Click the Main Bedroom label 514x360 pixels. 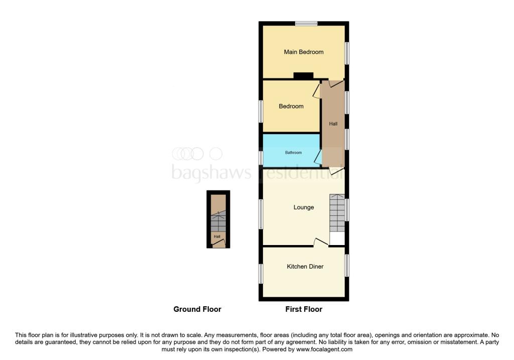(x=303, y=52)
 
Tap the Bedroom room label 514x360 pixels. (x=291, y=106)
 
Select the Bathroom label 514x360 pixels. (x=294, y=152)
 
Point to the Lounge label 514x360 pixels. (x=304, y=207)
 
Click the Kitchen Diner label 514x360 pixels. (x=305, y=267)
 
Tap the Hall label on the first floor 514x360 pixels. (x=333, y=124)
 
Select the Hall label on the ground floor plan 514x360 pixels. (x=217, y=236)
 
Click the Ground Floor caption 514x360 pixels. (x=197, y=309)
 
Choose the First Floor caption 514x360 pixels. (x=304, y=309)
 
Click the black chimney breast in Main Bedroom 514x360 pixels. (x=303, y=76)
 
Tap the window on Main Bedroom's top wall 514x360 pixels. (x=306, y=23)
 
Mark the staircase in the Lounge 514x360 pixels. (x=337, y=213)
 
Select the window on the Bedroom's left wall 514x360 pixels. (x=261, y=111)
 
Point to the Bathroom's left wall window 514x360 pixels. (x=261, y=158)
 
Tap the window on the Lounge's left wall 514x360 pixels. (x=261, y=214)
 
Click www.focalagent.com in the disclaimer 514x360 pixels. (x=324, y=349)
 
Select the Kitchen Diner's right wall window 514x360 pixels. (x=347, y=265)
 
